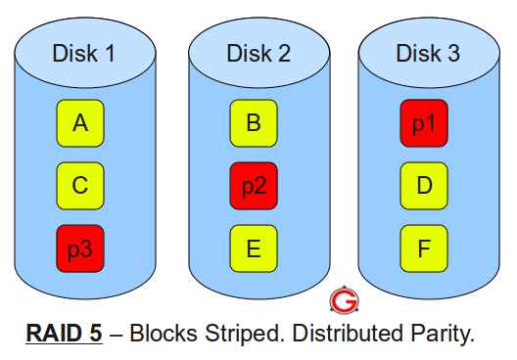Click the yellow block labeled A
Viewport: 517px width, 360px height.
coord(81,123)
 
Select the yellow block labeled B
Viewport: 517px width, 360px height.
coord(254,123)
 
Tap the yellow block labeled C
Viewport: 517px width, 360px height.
coord(81,186)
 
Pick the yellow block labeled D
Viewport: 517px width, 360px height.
coord(424,186)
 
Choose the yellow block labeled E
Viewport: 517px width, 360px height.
coord(254,248)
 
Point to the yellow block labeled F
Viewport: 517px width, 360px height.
coord(424,248)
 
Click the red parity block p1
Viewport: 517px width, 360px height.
coord(424,123)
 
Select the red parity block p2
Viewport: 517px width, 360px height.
coord(254,186)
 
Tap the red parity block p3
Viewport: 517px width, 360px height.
coord(81,248)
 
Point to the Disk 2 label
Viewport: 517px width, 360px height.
coord(258,53)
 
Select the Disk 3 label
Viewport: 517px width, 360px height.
coord(428,53)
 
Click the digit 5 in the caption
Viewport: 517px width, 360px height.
coord(95,334)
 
